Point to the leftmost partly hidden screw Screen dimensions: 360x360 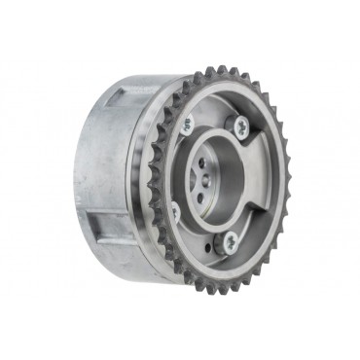coord(175,208)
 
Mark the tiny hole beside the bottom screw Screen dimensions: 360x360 coord(210,245)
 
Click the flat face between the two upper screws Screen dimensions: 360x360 coord(214,112)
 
